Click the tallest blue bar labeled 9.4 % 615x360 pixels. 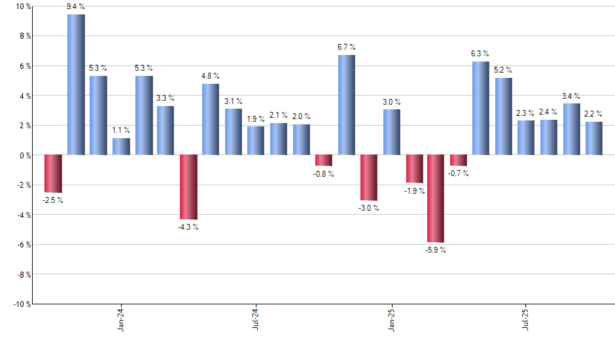[76, 84]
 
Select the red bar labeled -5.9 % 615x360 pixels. [436, 198]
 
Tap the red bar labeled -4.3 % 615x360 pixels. [188, 187]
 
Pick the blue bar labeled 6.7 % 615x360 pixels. [346, 105]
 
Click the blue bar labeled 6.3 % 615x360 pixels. [480, 108]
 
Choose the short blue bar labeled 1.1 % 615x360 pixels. [121, 147]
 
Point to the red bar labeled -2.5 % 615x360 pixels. [53, 173]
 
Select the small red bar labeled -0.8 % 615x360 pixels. [324, 160]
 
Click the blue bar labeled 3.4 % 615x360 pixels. [571, 129]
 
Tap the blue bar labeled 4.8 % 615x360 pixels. [211, 119]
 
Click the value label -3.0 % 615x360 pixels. [369, 208]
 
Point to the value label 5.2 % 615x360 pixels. [503, 70]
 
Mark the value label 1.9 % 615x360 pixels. [256, 118]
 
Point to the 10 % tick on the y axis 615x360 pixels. [22, 7]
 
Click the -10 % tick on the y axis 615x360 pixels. [21, 304]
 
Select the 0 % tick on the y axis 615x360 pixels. [24, 155]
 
